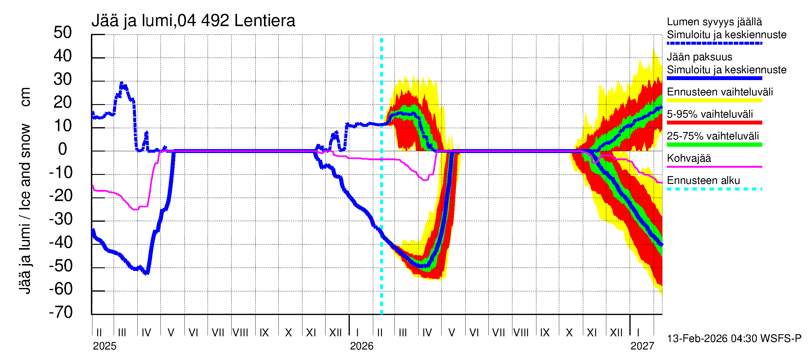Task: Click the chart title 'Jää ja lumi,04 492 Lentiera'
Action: (x=193, y=21)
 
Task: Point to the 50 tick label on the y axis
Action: (x=63, y=32)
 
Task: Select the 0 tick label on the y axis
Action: (x=63, y=149)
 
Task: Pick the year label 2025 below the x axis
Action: (x=104, y=346)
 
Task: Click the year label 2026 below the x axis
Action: (x=361, y=346)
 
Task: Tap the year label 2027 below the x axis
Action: (x=642, y=346)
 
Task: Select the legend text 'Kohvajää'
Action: (x=688, y=158)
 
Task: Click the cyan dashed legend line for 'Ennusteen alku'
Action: (x=714, y=189)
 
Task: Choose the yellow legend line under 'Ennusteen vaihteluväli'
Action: (x=714, y=100)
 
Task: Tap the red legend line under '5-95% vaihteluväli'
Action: (x=714, y=123)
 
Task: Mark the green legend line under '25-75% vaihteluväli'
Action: (x=714, y=145)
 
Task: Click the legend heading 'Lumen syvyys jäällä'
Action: (x=714, y=22)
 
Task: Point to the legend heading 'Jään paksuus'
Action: (x=699, y=57)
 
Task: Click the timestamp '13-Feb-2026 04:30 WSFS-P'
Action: (x=734, y=339)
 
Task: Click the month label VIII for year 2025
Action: (x=240, y=333)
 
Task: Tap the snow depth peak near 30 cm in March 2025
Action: (x=122, y=83)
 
